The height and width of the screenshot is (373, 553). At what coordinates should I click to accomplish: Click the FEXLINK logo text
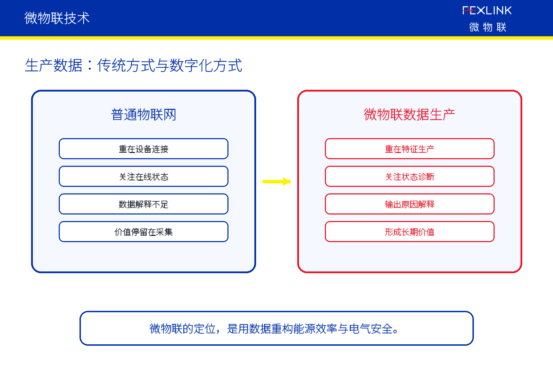click(x=487, y=11)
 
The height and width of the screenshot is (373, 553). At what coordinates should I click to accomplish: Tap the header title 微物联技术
click(x=57, y=18)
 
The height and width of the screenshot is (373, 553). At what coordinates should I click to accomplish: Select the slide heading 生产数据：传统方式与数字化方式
click(x=133, y=65)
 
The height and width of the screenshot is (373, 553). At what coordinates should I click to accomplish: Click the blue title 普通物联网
click(x=143, y=115)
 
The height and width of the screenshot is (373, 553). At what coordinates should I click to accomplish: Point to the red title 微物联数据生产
click(x=409, y=115)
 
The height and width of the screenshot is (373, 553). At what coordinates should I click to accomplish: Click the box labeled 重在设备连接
click(x=143, y=149)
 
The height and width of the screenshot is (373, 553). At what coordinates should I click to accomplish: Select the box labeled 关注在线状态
click(x=143, y=176)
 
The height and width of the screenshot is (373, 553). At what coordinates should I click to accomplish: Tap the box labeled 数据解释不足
click(x=143, y=204)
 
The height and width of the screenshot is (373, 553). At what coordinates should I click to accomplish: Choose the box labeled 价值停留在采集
click(x=143, y=232)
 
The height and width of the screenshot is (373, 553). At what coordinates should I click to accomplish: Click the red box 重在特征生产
click(x=410, y=149)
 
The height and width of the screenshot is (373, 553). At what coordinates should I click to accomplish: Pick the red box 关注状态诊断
click(x=410, y=176)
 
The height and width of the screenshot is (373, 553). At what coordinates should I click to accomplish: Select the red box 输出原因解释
click(x=410, y=204)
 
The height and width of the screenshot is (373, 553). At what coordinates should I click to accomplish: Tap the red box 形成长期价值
click(x=410, y=232)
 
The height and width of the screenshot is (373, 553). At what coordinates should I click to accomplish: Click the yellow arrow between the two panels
click(x=276, y=182)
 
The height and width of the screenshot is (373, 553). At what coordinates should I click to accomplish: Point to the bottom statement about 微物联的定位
click(x=276, y=328)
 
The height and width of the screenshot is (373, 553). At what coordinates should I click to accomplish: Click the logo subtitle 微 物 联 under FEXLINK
click(x=488, y=27)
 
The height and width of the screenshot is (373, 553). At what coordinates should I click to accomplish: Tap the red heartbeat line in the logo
click(x=469, y=11)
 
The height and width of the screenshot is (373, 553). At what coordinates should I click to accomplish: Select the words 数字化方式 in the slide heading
click(x=206, y=65)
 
